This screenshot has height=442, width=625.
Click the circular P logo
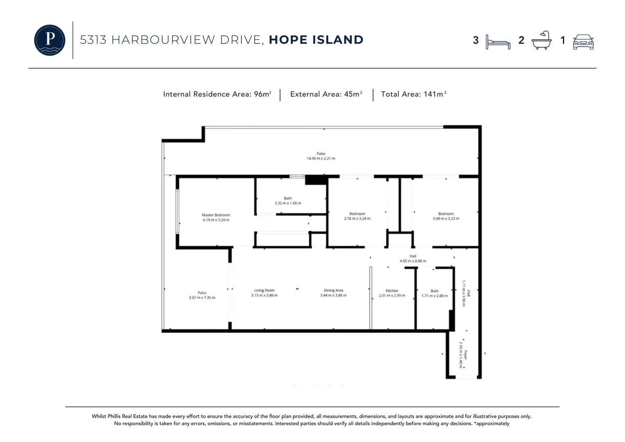(49, 40)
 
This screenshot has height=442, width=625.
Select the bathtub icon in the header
(541, 40)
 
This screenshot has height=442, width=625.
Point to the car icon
(583, 42)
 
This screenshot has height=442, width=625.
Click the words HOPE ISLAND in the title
(316, 40)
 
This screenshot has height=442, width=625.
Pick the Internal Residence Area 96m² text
(217, 94)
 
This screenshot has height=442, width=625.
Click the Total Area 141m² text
(414, 94)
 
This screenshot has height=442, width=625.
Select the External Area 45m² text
(326, 94)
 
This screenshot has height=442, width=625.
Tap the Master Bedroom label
(216, 215)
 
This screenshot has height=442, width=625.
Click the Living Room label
(264, 290)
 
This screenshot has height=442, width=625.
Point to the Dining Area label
(333, 290)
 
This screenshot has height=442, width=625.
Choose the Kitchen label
(392, 291)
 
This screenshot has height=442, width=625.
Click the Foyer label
(465, 354)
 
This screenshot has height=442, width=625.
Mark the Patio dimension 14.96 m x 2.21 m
(321, 158)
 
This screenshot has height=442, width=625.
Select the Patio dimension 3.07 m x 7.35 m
(202, 298)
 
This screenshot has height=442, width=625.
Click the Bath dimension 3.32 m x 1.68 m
(288, 203)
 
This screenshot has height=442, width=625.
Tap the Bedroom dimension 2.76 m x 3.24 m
(357, 219)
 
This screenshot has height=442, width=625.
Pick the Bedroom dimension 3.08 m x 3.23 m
(446, 219)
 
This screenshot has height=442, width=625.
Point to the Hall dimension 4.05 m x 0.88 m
(413, 261)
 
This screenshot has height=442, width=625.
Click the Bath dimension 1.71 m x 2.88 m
(434, 295)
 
